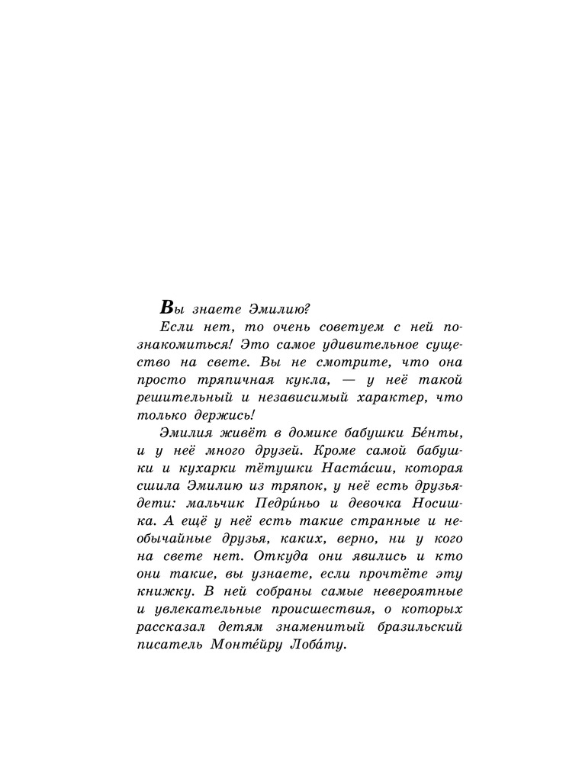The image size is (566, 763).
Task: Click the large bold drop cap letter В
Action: (169, 307)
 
